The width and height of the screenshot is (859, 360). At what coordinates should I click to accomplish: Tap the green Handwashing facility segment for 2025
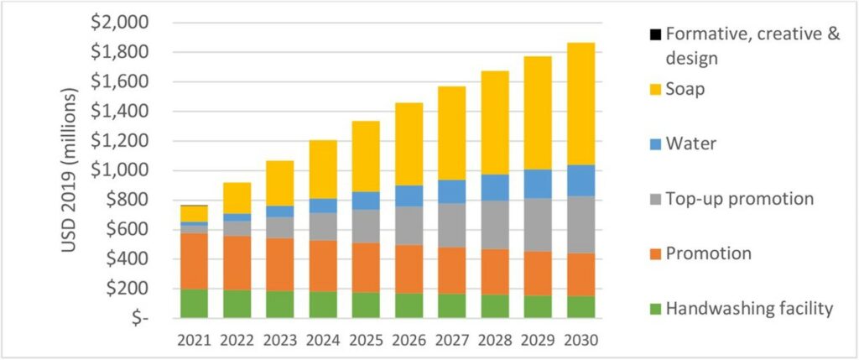point(366,305)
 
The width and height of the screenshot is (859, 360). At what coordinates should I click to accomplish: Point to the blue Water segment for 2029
point(537,184)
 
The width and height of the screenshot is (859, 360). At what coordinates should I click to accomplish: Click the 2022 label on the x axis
point(237,341)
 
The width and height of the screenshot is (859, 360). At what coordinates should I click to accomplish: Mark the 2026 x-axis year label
point(409,341)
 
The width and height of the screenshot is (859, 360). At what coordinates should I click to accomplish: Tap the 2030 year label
point(580,341)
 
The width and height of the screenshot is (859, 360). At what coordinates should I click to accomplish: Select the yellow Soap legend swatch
point(654,89)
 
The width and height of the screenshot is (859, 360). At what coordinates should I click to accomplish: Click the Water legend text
point(691,143)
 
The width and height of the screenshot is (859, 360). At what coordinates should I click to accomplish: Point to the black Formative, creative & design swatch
point(654,35)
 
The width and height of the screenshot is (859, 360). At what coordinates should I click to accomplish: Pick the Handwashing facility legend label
point(749,308)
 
